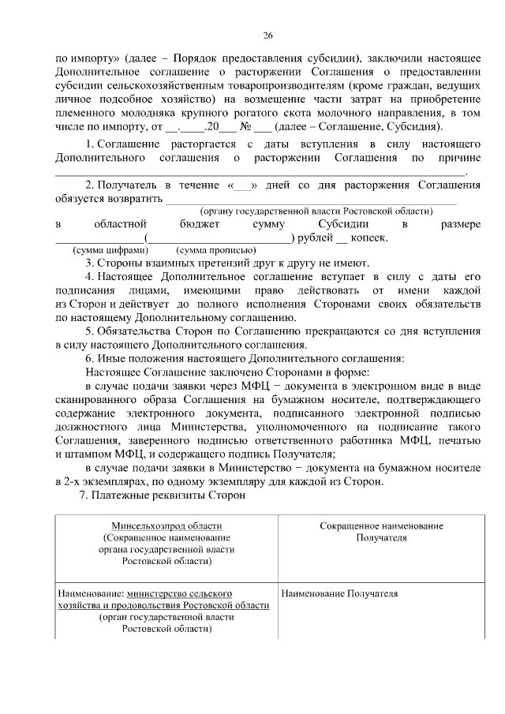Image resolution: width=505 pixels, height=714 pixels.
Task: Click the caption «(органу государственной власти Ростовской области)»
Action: [x=316, y=211]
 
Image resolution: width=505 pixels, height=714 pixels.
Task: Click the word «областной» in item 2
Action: [x=119, y=225]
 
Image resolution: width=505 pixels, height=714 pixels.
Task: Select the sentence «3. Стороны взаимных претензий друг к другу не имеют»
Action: [x=226, y=264]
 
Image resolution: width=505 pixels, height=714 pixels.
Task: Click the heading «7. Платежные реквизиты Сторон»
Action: [x=163, y=495]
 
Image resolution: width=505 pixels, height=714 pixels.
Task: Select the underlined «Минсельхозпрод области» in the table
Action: [x=166, y=526]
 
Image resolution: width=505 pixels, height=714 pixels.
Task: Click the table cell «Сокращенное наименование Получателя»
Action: [x=381, y=532]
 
